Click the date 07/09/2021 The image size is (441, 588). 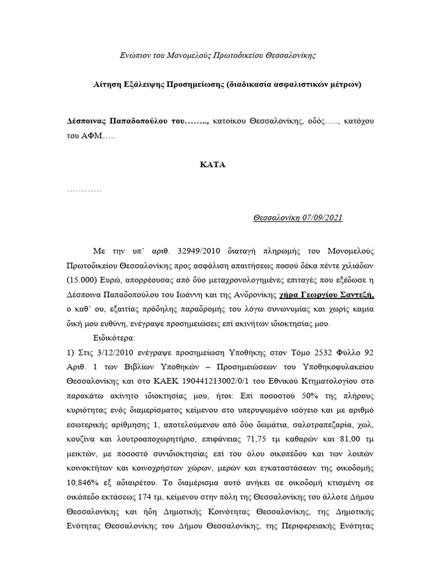click(x=322, y=218)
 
